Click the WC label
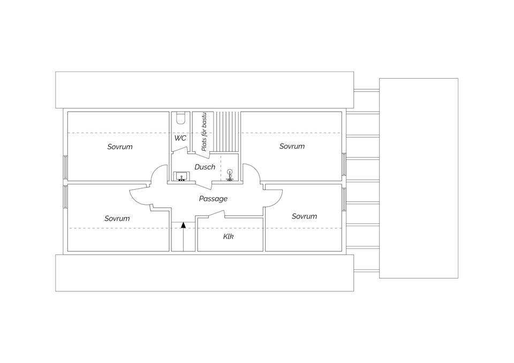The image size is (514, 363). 180,138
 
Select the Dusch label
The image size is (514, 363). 205,167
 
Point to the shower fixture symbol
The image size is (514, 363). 230,175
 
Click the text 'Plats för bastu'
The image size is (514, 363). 204,133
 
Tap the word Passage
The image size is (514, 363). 213,198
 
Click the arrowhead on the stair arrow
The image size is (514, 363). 183,225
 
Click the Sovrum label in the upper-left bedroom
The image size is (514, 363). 119,146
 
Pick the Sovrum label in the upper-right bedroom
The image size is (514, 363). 292,146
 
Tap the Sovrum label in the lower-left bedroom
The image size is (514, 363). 117,218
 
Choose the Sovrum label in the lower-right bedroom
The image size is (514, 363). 304,216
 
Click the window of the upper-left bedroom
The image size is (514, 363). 66,167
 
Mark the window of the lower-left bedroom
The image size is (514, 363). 66,196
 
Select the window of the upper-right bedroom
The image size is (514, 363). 343,167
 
